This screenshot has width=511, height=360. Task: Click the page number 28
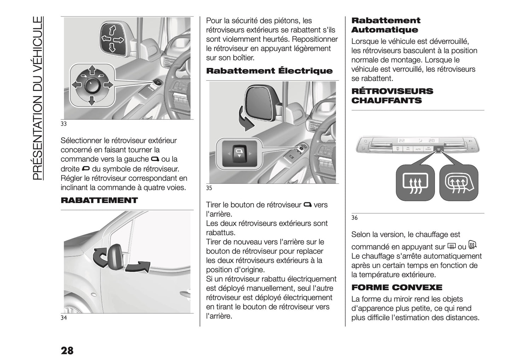pos(67,350)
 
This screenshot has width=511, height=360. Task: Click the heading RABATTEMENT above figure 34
pos(99,201)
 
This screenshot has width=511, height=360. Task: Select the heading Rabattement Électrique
pos(269,71)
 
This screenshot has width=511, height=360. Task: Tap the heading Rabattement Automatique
pos(386,25)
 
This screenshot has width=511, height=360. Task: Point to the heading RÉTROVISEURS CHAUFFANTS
pos(392,96)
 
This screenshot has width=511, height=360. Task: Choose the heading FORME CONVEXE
pos(397,287)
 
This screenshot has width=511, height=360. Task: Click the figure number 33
pos(64,124)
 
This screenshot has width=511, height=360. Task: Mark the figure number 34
pos(64,318)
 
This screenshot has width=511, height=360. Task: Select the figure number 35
pos(209,188)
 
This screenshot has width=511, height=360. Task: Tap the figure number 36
pos(354,218)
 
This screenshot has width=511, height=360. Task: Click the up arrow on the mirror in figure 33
pos(112,29)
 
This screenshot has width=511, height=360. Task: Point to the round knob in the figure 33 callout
pos(91,85)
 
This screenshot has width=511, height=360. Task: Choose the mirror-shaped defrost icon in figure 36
pos(458,182)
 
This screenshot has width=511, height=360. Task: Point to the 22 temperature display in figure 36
pos(402,140)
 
